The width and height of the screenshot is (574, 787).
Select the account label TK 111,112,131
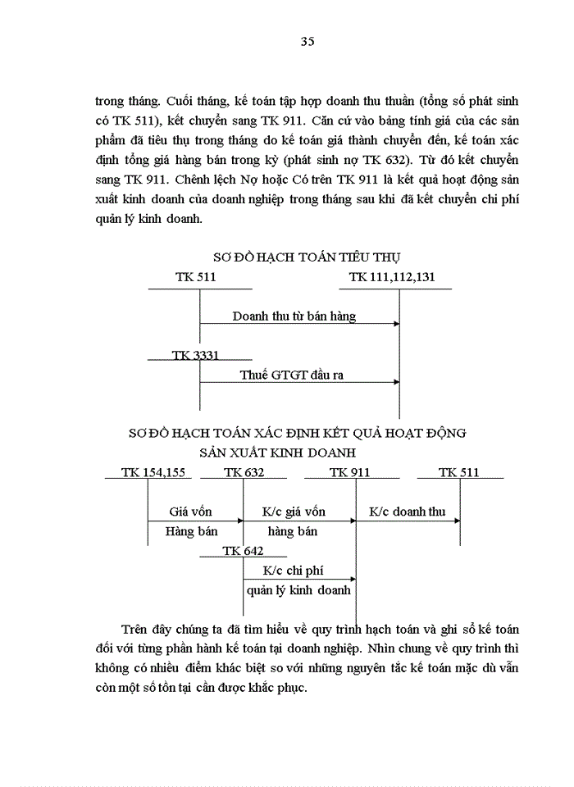click(x=392, y=277)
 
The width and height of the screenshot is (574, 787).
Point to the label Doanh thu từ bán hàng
click(x=294, y=315)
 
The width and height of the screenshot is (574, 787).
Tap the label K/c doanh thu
click(x=407, y=512)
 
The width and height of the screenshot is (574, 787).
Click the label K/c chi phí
click(x=294, y=571)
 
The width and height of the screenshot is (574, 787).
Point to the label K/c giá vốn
click(x=294, y=512)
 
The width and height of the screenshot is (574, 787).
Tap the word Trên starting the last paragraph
click(x=135, y=630)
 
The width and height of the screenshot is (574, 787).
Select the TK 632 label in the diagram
click(x=243, y=472)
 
